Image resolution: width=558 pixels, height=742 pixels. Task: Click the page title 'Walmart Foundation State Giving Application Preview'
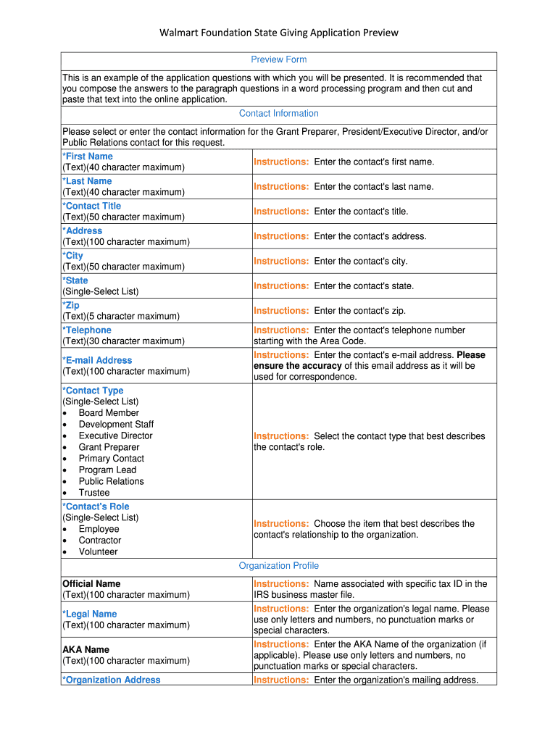click(279, 33)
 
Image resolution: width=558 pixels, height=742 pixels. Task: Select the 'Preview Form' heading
click(279, 59)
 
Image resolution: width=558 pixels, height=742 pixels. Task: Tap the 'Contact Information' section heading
click(279, 113)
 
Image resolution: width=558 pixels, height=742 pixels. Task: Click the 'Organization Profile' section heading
click(279, 566)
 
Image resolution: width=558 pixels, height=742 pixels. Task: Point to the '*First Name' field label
click(88, 157)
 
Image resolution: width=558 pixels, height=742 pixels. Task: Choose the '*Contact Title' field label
click(92, 206)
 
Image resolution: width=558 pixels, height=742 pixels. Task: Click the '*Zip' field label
click(71, 305)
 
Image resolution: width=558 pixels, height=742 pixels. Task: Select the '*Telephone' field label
click(87, 330)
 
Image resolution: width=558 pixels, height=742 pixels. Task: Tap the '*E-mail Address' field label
click(97, 360)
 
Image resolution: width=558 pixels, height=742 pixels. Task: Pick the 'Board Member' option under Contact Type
click(109, 413)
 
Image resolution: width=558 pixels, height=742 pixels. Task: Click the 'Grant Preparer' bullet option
click(109, 447)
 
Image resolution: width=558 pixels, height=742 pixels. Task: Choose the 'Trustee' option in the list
click(94, 493)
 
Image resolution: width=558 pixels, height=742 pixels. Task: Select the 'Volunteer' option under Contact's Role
click(98, 551)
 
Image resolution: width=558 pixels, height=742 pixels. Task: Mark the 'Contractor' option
click(100, 541)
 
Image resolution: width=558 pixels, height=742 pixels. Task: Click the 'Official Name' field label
click(91, 583)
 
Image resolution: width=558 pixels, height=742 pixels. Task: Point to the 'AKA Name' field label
click(86, 649)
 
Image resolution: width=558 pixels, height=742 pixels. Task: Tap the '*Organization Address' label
click(112, 680)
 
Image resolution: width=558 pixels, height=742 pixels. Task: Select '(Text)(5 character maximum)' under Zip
click(121, 316)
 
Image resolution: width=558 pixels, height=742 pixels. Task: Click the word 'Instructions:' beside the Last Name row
click(281, 187)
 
